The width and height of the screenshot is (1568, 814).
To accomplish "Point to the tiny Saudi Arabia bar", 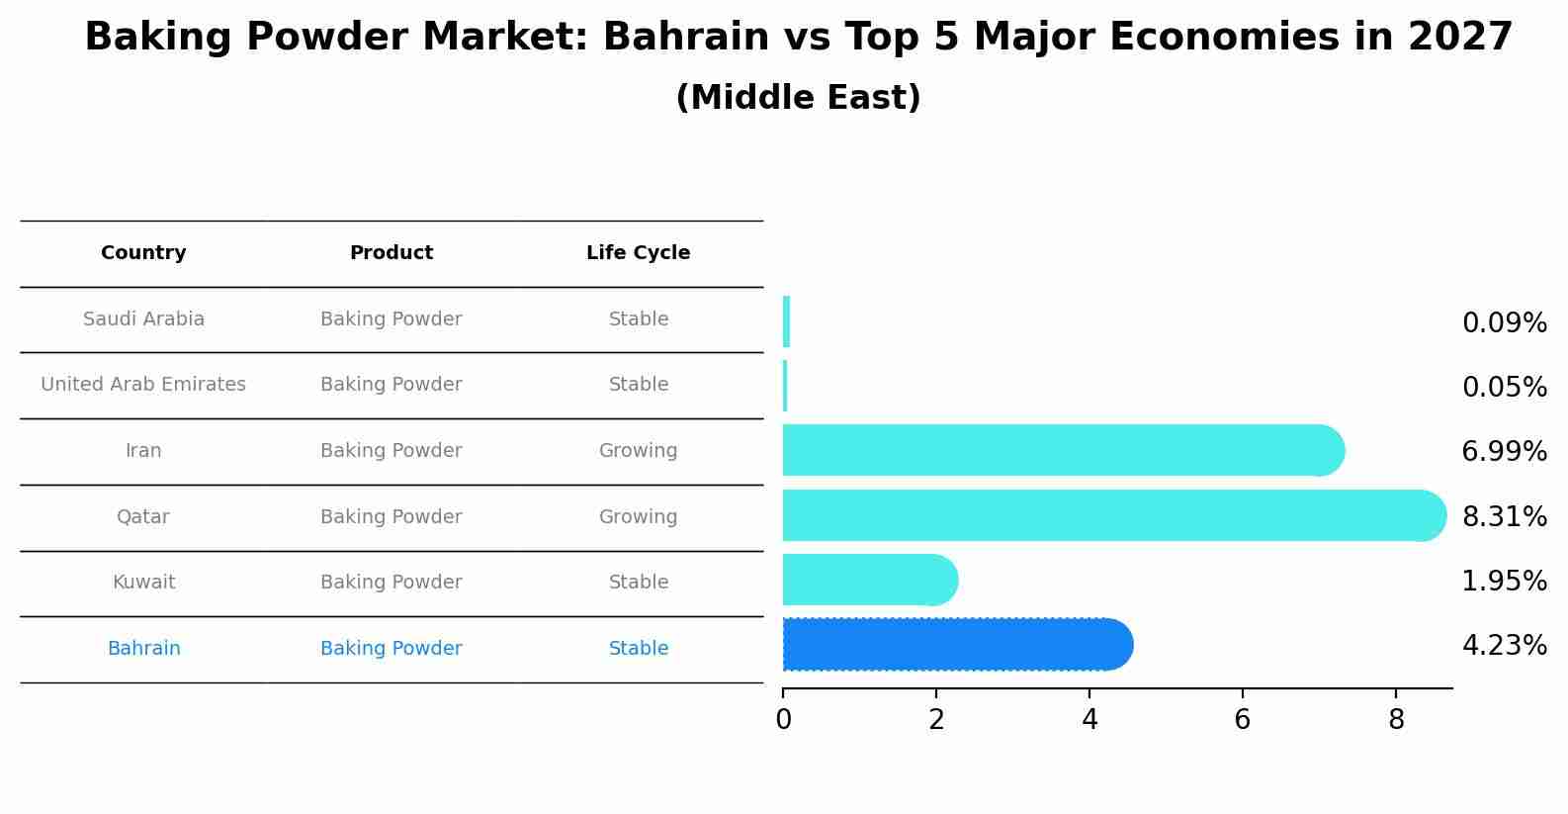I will (x=786, y=321).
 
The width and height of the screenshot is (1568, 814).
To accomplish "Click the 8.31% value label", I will (x=1504, y=516).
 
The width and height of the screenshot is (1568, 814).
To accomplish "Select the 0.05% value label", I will (x=1504, y=387).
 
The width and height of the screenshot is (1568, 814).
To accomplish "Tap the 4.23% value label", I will (x=1504, y=646).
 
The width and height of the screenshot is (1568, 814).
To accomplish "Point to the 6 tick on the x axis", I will (x=1243, y=719).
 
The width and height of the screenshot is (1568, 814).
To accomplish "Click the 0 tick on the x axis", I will (x=783, y=719).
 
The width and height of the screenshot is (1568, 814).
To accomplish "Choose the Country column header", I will (x=143, y=253).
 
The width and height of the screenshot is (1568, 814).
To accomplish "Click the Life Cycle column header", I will (x=638, y=253).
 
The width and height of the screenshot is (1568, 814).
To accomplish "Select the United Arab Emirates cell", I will (x=143, y=385).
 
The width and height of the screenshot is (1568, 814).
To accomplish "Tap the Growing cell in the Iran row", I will (x=638, y=451).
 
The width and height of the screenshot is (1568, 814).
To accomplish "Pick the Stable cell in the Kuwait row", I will (x=638, y=583).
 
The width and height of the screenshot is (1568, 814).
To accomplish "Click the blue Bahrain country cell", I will (x=143, y=649).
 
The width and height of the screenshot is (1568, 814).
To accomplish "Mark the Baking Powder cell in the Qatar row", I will (x=391, y=517).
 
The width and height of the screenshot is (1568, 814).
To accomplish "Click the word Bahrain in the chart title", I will (x=685, y=38).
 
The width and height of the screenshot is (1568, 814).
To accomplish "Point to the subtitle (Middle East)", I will (x=798, y=98).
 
